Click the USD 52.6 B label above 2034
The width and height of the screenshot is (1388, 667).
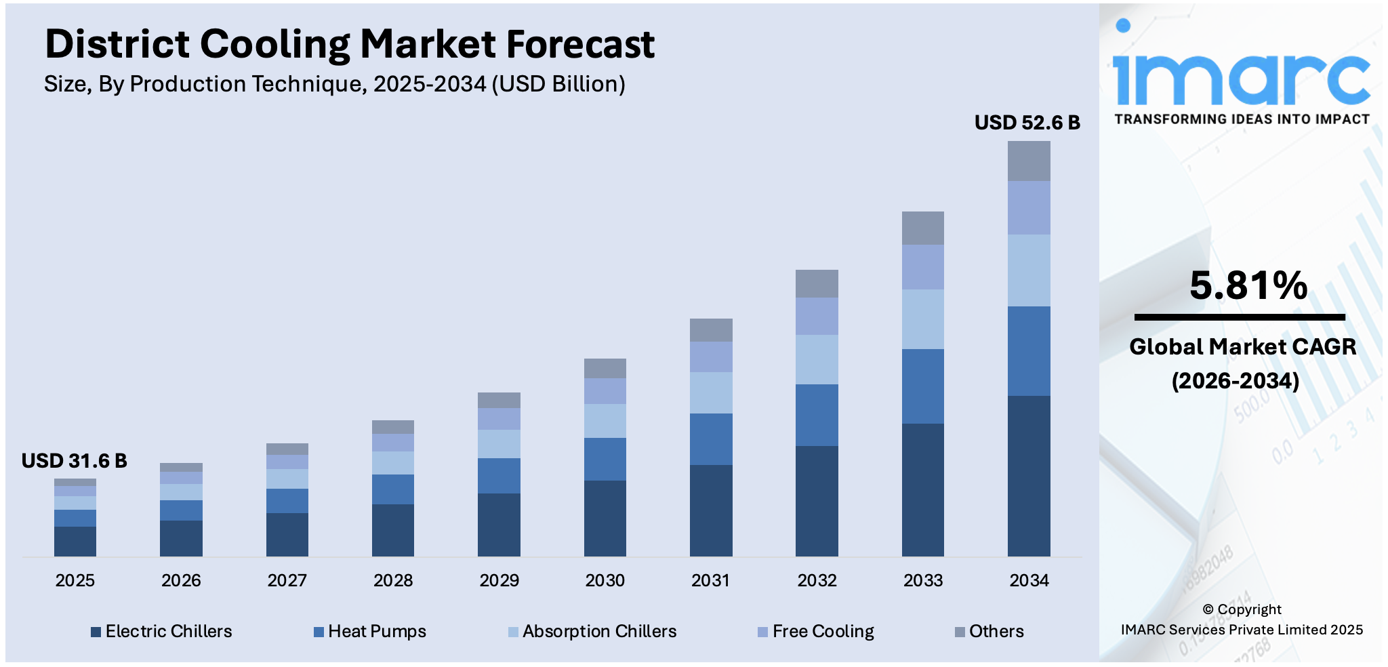(x=1027, y=123)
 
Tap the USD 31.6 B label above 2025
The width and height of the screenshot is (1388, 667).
(x=75, y=461)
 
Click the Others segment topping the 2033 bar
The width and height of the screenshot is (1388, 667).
(x=922, y=228)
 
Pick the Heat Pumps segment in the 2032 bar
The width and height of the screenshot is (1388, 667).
(x=817, y=415)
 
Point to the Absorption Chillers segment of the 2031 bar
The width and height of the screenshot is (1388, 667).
(x=711, y=392)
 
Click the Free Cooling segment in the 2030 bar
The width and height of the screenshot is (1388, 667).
(x=605, y=391)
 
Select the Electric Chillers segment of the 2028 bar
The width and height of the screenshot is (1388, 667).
(x=393, y=530)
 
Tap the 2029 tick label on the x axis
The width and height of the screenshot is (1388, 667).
(x=499, y=580)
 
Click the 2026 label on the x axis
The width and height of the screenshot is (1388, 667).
(x=181, y=580)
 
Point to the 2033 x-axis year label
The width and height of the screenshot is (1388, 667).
(x=922, y=580)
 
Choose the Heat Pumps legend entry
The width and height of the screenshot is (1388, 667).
(x=377, y=632)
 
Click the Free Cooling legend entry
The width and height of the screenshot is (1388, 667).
(x=823, y=632)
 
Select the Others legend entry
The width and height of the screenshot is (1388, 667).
(x=996, y=632)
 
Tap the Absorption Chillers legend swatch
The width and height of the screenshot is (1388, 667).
(x=513, y=632)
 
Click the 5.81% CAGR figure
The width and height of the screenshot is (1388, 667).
(x=1248, y=285)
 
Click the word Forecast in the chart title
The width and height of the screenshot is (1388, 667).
(x=580, y=44)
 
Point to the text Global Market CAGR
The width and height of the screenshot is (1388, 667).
(x=1242, y=346)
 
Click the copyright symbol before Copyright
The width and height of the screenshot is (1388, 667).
(x=1208, y=609)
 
